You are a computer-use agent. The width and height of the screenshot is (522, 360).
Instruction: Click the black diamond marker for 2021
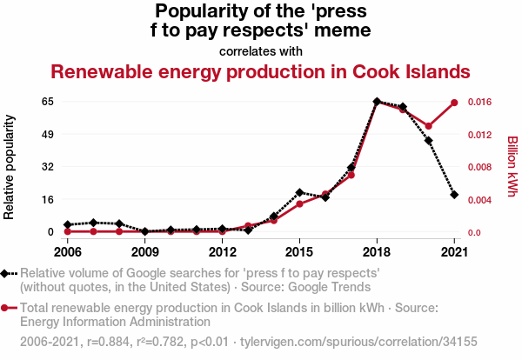[x=454, y=195]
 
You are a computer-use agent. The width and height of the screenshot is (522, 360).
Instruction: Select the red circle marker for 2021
[x=454, y=103]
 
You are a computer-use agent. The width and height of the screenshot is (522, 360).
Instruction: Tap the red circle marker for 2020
[x=428, y=126]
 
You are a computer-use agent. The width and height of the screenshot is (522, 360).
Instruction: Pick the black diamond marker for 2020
[x=428, y=141]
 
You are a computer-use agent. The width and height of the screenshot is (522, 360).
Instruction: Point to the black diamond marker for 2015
[x=299, y=192]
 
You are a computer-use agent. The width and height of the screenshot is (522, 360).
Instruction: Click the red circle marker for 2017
[x=351, y=176]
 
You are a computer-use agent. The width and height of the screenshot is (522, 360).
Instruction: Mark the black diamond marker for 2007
[x=93, y=223]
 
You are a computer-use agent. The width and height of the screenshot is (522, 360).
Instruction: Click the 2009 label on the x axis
[x=144, y=252]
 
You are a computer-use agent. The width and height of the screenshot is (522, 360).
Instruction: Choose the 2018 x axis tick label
[x=377, y=252]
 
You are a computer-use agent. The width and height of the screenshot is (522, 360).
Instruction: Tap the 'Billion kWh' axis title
[x=512, y=165]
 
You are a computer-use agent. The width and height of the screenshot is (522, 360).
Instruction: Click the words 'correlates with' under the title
[x=261, y=51]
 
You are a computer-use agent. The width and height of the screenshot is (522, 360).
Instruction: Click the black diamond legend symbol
[x=8, y=272]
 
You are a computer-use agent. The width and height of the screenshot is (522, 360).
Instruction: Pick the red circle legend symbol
[x=8, y=308]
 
